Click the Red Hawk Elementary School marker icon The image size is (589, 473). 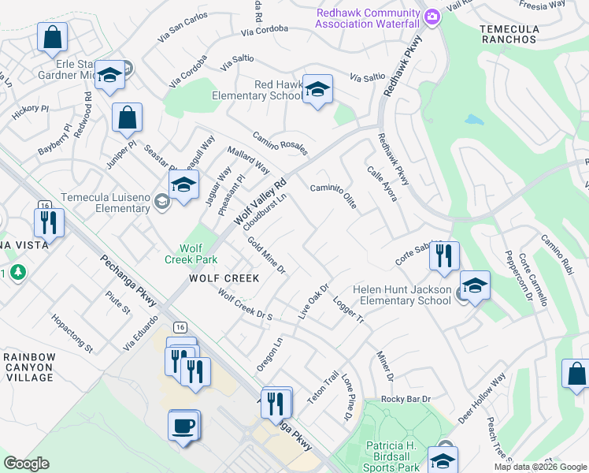pos(317,90)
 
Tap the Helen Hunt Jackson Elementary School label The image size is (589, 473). pos(402,295)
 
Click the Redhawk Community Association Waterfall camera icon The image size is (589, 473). pos(432,17)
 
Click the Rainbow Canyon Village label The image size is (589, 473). pos(30,367)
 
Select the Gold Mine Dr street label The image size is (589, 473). pos(266,255)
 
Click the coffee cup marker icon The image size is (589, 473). pos(183,426)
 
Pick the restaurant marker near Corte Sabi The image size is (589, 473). pos(444,256)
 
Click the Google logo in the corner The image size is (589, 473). pos(26,464)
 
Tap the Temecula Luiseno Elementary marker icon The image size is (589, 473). pos(183,187)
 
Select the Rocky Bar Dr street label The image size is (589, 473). pos(407,399)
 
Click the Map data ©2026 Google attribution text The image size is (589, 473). pos(539,467)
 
